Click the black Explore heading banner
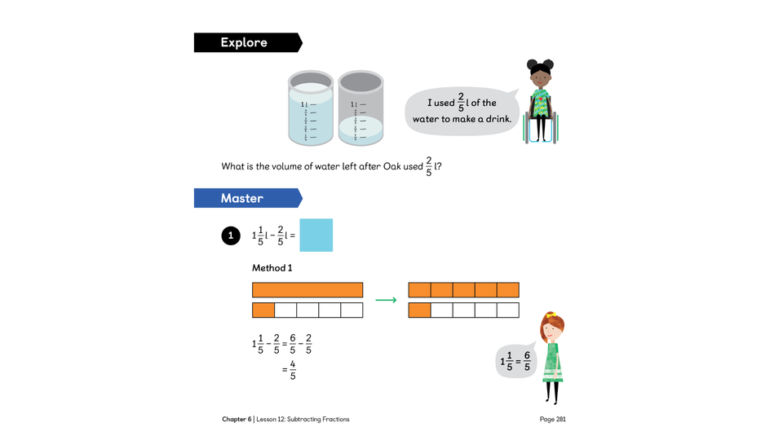click(x=245, y=42)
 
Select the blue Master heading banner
click(x=245, y=198)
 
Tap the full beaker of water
click(x=310, y=110)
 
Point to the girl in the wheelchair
click(x=540, y=102)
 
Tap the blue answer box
click(x=316, y=235)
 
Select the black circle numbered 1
click(x=231, y=235)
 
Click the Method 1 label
click(x=272, y=268)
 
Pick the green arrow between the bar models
click(x=385, y=300)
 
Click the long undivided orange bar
click(x=307, y=290)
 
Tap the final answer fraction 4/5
click(x=293, y=370)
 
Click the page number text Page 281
click(x=552, y=420)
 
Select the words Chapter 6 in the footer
click(x=236, y=420)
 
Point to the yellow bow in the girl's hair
click(x=551, y=315)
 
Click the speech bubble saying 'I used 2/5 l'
click(x=461, y=110)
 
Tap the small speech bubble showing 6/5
click(x=515, y=361)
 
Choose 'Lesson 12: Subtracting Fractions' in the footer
click(x=303, y=420)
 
